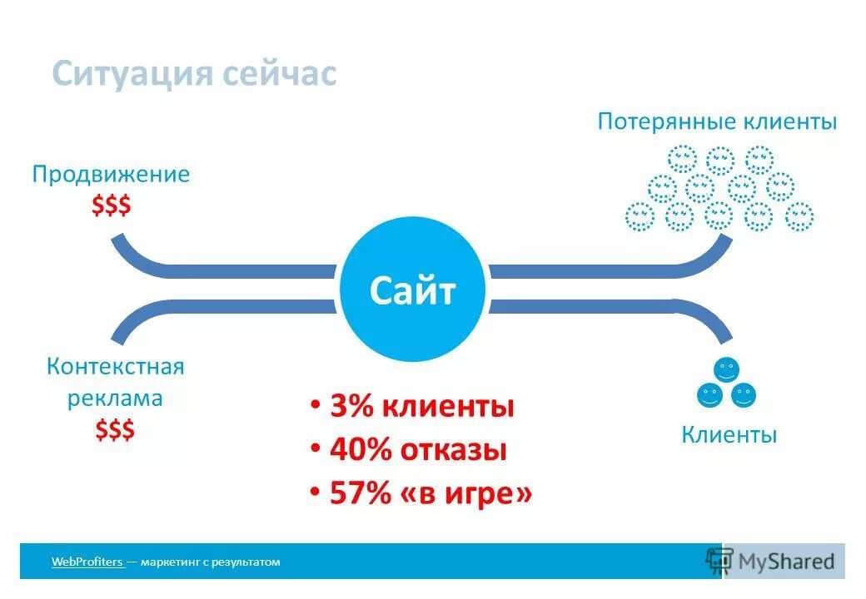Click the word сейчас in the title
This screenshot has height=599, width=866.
pyautogui.click(x=280, y=74)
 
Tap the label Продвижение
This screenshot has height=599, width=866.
pyautogui.click(x=111, y=175)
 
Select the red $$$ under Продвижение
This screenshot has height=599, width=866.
pyautogui.click(x=111, y=205)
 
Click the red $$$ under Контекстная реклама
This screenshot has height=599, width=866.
pyautogui.click(x=114, y=430)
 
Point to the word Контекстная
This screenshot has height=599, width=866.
pyautogui.click(x=115, y=367)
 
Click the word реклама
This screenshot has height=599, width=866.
pyautogui.click(x=115, y=399)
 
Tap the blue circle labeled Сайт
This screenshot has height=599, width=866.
pyautogui.click(x=413, y=291)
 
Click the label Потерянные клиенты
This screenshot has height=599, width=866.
pyautogui.click(x=717, y=121)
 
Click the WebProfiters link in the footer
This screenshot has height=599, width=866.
pyautogui.click(x=87, y=562)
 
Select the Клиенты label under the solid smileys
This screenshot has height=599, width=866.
pyautogui.click(x=729, y=434)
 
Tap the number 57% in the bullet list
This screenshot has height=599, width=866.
pyautogui.click(x=360, y=493)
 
